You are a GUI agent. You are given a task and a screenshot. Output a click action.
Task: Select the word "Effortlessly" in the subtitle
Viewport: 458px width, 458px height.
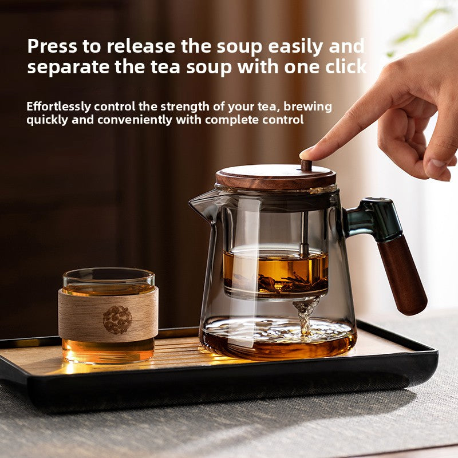click(x=59, y=106)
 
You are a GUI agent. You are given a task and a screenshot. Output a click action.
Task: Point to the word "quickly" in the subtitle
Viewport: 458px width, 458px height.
click(x=48, y=120)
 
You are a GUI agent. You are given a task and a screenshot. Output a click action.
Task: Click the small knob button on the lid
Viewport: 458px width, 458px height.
click(x=306, y=165)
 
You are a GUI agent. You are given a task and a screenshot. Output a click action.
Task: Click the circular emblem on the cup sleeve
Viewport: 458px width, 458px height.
click(x=117, y=319)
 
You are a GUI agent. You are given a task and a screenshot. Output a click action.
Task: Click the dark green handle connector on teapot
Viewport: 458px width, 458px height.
click(x=375, y=218)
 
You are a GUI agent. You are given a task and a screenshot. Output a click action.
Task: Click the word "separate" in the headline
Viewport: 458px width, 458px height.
click(x=65, y=67)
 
